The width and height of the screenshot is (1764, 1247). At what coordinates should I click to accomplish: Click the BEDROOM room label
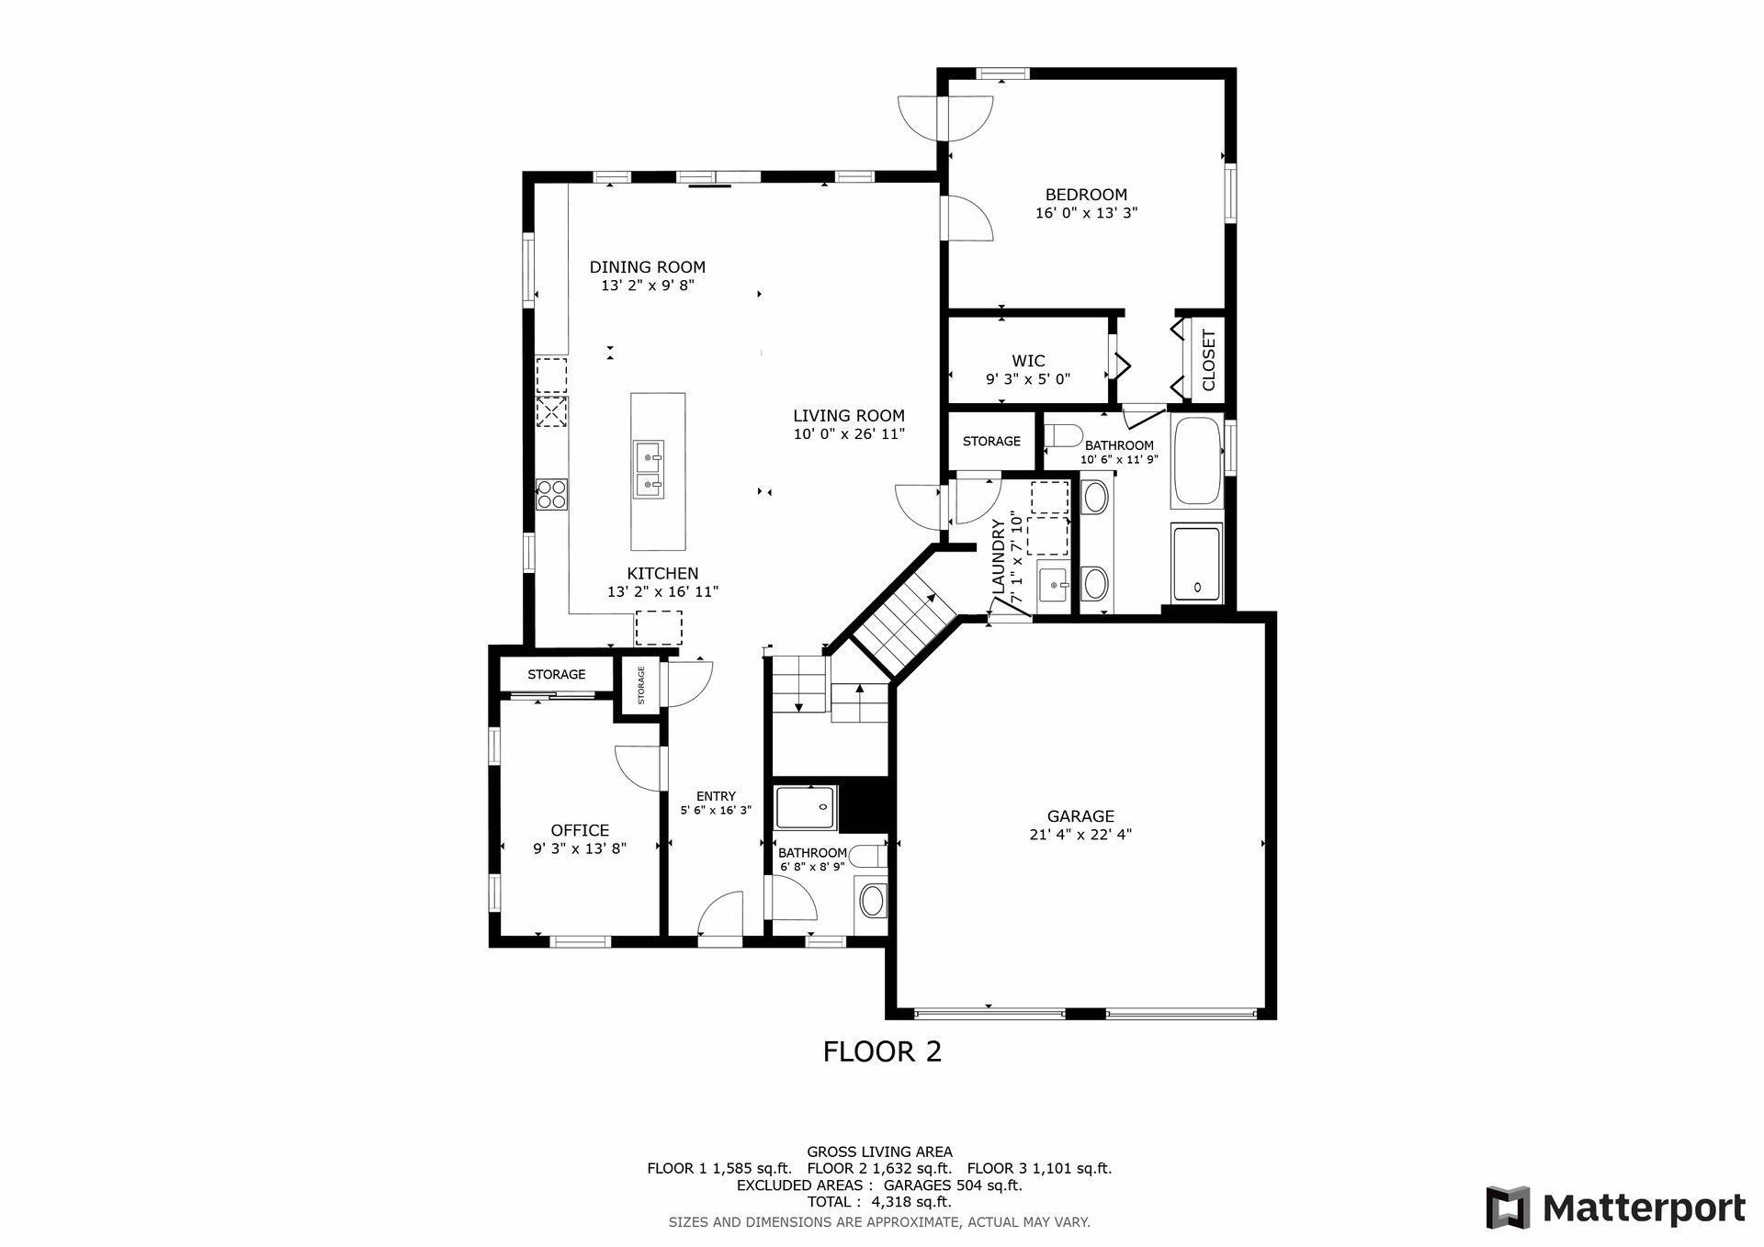[x=1086, y=195]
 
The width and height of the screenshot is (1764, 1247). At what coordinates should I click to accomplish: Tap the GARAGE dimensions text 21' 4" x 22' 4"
[x=1080, y=835]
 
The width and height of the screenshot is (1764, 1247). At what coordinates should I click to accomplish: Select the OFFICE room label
[x=580, y=830]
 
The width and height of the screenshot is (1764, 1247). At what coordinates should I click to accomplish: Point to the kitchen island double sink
[x=649, y=469]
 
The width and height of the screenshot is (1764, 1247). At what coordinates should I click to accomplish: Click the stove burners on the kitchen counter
[x=552, y=494]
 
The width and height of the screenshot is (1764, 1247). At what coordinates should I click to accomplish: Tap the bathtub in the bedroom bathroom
[x=1196, y=462]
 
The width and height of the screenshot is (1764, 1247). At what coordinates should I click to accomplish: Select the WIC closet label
[x=1028, y=361]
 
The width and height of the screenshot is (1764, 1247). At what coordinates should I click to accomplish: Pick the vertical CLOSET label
[x=1208, y=360]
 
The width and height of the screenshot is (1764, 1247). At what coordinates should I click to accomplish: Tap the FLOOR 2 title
[x=882, y=1051]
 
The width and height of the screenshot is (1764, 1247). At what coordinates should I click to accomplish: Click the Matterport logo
[x=1616, y=1207]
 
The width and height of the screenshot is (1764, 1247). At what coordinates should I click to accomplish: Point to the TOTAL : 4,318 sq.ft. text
[x=879, y=1202]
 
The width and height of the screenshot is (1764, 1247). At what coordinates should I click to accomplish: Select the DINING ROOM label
[x=648, y=267]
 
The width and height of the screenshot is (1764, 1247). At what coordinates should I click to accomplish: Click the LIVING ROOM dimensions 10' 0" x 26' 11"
[x=850, y=433]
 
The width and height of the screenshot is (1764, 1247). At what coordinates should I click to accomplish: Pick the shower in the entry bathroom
[x=806, y=807]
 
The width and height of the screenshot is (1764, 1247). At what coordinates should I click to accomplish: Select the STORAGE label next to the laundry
[x=991, y=441]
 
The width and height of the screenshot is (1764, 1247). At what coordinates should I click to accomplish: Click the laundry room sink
[x=1054, y=583]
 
